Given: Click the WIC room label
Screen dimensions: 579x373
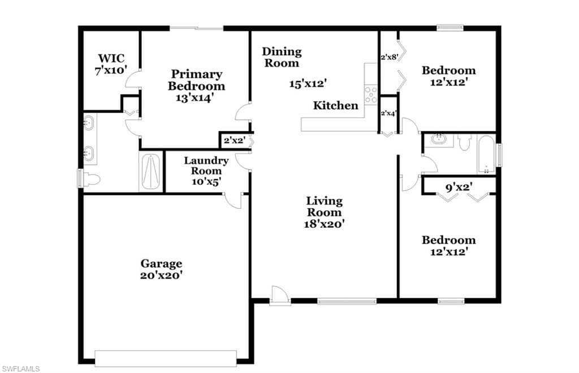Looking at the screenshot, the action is coord(111,58).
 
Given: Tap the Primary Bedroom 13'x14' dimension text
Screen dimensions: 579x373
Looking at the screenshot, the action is coord(196,97).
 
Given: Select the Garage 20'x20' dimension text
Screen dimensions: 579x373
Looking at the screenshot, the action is coord(161,275).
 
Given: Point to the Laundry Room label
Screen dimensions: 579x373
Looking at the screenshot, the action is coord(206,166).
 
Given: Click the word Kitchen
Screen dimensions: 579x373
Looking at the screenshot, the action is coord(336,106).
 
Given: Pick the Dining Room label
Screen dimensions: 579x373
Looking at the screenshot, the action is coord(282,57).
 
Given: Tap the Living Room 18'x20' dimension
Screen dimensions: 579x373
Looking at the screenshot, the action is coord(324,224).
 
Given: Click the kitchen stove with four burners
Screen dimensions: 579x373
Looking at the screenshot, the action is coord(371,94).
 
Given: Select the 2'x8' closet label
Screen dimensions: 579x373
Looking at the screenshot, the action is coord(389,57).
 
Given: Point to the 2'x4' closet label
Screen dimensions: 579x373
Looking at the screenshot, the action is coord(388,113).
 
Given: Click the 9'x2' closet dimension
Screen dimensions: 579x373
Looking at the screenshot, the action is coord(459,188).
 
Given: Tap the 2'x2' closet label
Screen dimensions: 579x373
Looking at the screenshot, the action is coord(235,140).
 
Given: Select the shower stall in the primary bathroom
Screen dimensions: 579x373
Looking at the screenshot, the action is coord(151,172).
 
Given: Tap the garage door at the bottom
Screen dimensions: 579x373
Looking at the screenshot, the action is coord(166,359).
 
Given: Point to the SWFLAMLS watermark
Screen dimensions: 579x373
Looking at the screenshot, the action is coord(21,368).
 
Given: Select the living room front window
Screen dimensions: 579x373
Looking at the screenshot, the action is coord(347,301).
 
